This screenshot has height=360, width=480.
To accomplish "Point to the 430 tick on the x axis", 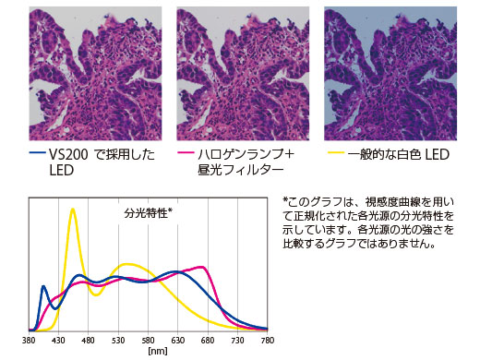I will [58, 341].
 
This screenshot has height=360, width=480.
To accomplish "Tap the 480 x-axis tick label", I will [89, 341].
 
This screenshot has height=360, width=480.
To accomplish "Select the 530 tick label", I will [118, 341].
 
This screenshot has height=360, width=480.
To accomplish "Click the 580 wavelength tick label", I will [148, 341].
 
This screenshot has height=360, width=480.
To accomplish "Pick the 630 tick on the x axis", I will [178, 341].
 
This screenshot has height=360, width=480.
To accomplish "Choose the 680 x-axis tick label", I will [208, 341].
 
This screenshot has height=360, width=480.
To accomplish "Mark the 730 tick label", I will [237, 341].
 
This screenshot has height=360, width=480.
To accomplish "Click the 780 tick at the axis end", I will [267, 341].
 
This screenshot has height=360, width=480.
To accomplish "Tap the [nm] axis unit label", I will [148, 351].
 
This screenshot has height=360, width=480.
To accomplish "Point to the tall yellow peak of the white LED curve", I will [72, 210].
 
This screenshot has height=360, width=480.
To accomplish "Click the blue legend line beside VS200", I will [36, 154].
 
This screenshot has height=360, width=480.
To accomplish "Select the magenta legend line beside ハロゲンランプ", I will [183, 154].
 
